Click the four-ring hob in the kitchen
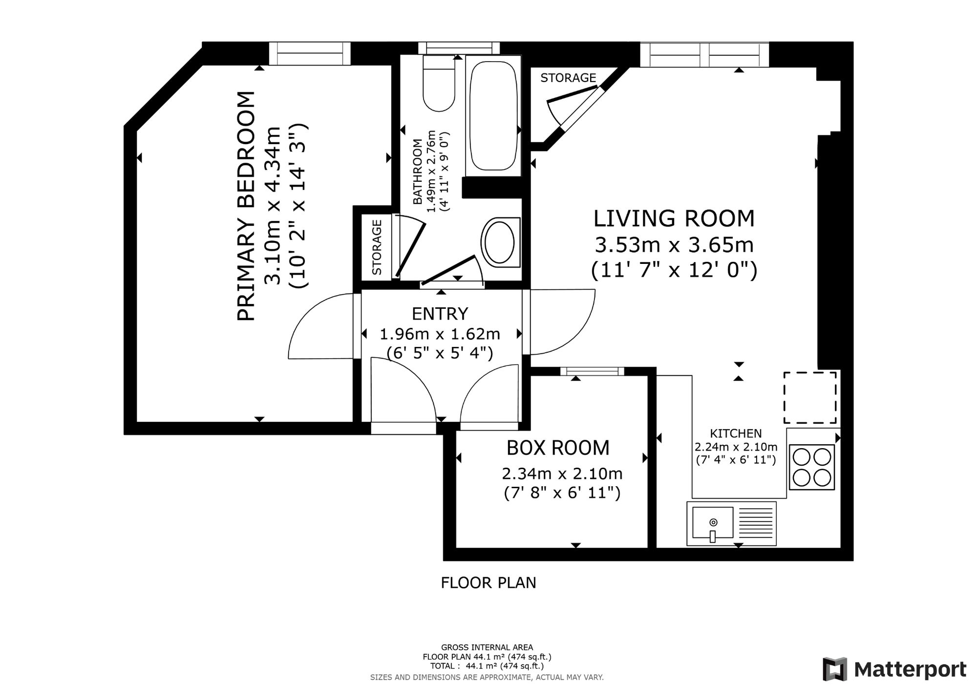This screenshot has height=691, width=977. (811, 467)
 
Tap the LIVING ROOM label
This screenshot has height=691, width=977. (674, 218)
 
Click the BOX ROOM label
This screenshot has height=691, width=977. (558, 448)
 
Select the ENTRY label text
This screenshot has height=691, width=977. (440, 313)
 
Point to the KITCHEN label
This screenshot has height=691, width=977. (736, 433)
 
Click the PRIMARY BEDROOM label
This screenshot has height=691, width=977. (246, 206)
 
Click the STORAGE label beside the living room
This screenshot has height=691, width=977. (568, 78)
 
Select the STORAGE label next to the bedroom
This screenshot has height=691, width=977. (377, 247)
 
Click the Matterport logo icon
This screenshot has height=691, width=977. (835, 669)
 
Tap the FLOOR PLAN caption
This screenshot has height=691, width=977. (488, 583)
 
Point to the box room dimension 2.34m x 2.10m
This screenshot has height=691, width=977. (562, 474)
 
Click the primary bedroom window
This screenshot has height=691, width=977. (310, 54)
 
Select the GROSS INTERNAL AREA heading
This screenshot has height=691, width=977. (487, 648)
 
